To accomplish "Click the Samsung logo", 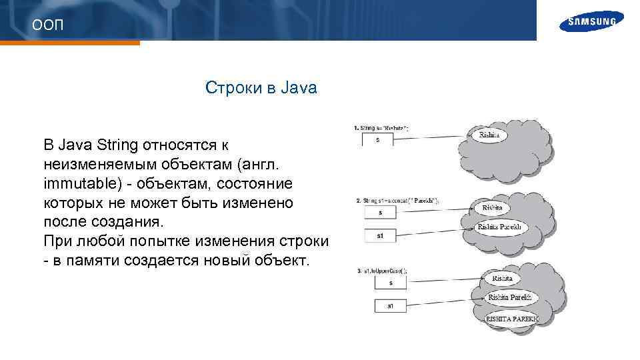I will coord(592,21).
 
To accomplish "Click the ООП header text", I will coord(48,25).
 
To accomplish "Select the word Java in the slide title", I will coord(299,87).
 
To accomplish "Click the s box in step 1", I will coord(378,139).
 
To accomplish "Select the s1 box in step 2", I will coord(379,235).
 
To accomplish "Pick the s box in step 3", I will coord(391,283).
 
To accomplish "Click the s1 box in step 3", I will coord(391,306).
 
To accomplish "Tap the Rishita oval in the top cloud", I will coord(492,135).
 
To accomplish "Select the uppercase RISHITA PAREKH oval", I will coord(511,319).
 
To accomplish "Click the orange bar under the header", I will coord(70,43).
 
